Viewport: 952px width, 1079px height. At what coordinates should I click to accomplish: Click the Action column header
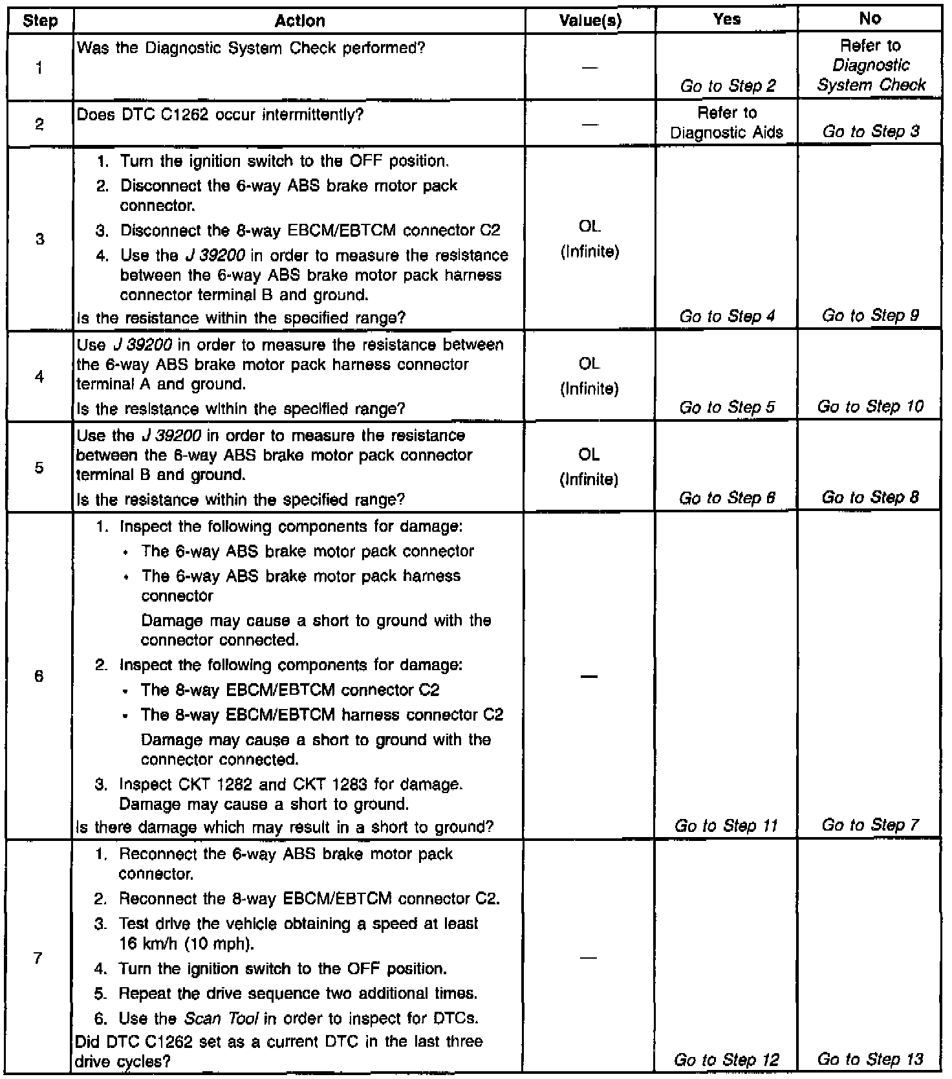tap(299, 21)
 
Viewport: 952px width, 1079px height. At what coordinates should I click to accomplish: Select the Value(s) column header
tap(590, 21)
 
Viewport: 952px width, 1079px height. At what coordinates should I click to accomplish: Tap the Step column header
tap(40, 21)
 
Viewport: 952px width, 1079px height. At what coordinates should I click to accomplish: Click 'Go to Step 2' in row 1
tap(728, 85)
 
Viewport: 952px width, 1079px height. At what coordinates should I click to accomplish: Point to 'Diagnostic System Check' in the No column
tap(871, 75)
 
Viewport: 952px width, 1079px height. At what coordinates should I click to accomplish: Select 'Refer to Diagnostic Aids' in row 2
tap(727, 123)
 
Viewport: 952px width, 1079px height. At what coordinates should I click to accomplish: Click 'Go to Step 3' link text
tap(871, 131)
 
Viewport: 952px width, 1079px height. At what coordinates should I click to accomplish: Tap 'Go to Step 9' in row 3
tap(871, 316)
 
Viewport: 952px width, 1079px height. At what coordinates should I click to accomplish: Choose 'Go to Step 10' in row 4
tap(871, 407)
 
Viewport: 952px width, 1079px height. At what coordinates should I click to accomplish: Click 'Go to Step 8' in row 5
tap(871, 497)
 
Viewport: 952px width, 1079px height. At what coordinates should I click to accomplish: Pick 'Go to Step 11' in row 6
tap(726, 825)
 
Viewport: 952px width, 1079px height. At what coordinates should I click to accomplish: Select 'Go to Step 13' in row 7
tap(871, 1059)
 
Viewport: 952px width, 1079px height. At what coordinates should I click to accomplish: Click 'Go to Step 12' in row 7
tap(726, 1060)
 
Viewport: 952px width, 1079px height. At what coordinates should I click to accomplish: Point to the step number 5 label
tap(39, 467)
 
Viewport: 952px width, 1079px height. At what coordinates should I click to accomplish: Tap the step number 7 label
tap(38, 958)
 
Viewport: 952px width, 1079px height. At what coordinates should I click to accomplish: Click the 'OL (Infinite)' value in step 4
tap(589, 376)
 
